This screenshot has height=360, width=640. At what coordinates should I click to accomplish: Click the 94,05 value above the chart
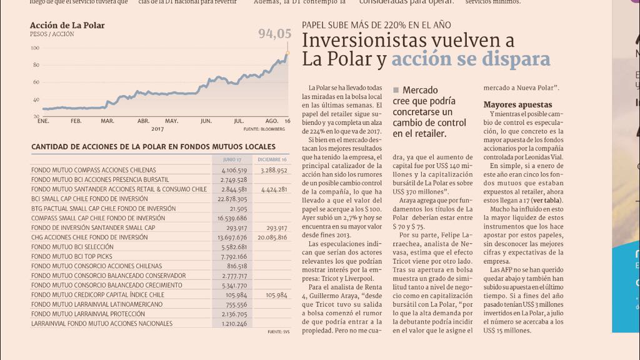(x=275, y=34)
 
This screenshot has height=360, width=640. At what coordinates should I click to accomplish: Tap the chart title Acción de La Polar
(x=67, y=26)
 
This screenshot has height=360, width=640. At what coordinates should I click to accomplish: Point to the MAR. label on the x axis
(x=107, y=120)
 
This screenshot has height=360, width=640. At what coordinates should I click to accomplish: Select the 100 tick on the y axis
(x=35, y=48)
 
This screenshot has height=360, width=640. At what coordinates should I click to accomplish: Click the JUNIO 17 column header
(x=232, y=160)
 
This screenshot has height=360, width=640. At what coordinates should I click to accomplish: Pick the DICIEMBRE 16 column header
(x=272, y=160)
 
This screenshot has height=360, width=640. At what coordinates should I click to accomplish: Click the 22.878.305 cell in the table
(x=232, y=199)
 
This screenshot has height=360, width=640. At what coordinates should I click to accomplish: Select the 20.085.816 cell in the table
(x=272, y=237)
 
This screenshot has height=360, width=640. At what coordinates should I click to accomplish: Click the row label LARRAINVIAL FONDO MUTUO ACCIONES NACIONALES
(x=102, y=324)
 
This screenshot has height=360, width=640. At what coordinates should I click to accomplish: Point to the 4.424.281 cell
(x=274, y=189)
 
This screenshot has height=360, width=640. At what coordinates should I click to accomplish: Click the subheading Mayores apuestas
(x=517, y=104)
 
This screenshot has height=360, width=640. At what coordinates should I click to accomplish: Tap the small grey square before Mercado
(x=396, y=91)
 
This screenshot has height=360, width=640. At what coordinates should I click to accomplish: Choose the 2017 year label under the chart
(x=157, y=129)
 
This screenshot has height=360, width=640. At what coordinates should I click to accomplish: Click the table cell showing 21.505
(x=238, y=209)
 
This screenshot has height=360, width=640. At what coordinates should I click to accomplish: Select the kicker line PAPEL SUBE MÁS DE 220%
(x=376, y=26)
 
